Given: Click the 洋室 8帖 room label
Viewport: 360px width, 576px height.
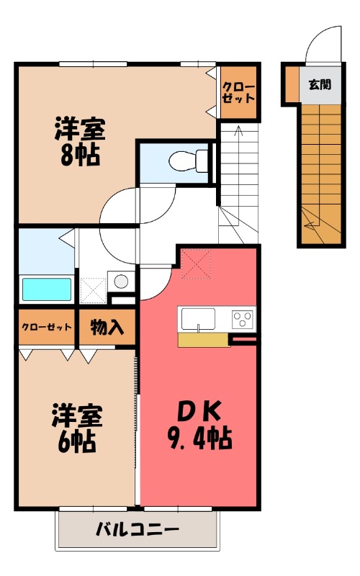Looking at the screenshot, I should [79, 142].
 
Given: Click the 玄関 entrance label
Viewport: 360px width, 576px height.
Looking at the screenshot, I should [320, 84].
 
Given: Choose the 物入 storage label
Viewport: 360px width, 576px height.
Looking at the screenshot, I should [107, 328].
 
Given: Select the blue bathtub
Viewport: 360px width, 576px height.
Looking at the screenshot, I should [47, 289].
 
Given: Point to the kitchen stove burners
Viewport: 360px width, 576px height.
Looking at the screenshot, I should [243, 317].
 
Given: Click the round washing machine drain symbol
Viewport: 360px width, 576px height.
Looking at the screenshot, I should [121, 281].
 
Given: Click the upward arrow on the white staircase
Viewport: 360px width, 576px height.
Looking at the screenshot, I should [238, 134].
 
